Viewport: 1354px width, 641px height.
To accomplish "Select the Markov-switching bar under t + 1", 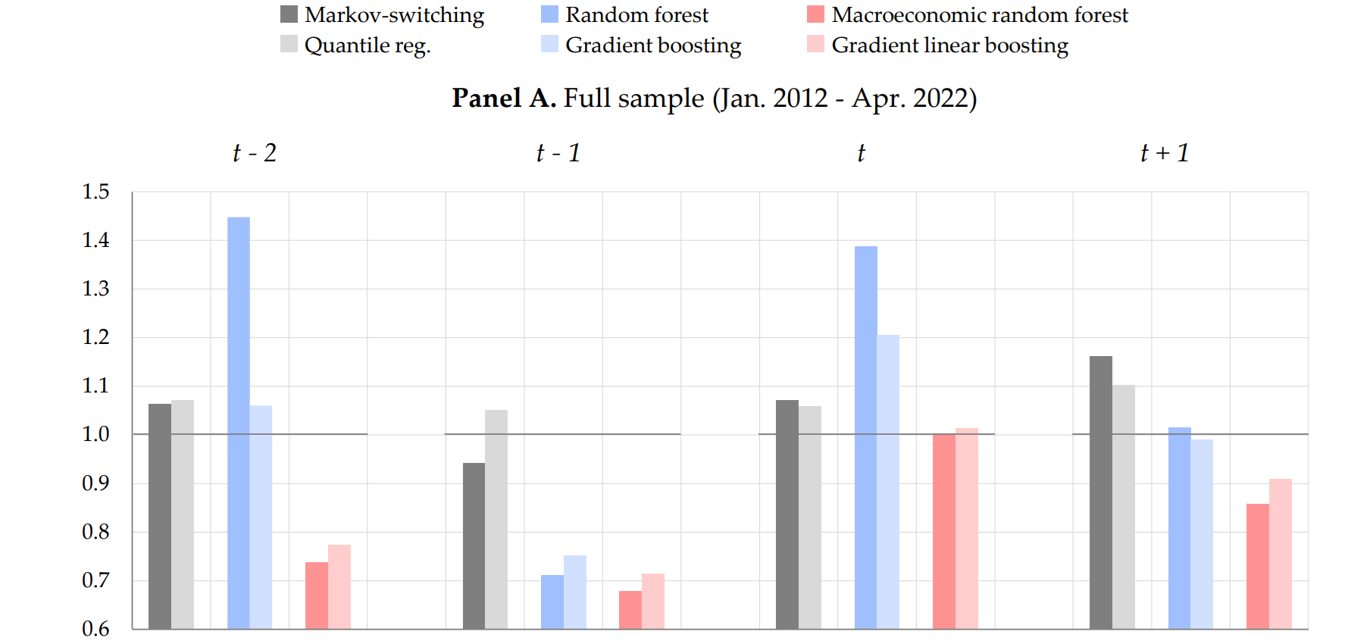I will (1100, 492).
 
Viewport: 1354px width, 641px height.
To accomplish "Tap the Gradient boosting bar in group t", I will (888, 482).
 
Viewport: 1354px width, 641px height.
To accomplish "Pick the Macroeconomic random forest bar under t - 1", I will (630, 610).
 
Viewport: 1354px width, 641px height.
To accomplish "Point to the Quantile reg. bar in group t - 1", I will (496, 519).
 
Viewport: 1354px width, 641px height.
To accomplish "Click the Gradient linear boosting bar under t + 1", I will (1280, 554).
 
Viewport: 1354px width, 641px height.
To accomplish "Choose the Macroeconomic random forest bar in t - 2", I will (316, 596).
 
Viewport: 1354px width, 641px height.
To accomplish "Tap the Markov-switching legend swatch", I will (289, 14).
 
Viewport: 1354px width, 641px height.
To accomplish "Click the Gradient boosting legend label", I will (653, 45).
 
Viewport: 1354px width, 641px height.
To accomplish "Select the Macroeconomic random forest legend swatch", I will (815, 14).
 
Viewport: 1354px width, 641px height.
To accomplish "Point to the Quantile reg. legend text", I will (367, 45).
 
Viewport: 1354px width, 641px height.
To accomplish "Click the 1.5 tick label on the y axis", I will (96, 192).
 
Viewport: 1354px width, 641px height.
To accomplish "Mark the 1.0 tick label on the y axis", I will (96, 434).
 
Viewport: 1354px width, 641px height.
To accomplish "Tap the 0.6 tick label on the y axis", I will (96, 628).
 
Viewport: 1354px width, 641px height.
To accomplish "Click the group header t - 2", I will (255, 153).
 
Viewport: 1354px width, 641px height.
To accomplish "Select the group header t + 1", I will (1165, 153).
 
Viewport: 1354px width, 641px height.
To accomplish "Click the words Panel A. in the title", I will (504, 98).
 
